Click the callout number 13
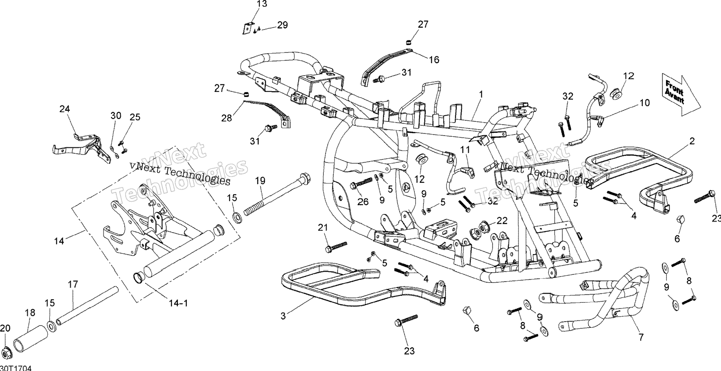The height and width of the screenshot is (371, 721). tap(262, 4)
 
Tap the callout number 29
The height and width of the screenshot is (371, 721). tap(282, 25)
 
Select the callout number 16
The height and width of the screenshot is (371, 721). tap(434, 59)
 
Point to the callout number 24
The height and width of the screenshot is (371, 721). tap(64, 109)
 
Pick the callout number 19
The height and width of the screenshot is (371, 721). tap(260, 181)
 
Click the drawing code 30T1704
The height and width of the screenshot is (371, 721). tap(16, 368)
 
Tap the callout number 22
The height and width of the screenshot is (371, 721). tap(502, 221)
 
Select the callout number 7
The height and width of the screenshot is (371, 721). tap(641, 337)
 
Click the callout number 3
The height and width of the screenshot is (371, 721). tap(283, 316)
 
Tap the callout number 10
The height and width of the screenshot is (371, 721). tap(645, 103)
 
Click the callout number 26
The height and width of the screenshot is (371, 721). tap(363, 202)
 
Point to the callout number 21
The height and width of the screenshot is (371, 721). tap(323, 228)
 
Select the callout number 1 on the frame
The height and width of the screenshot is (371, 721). tap(481, 94)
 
